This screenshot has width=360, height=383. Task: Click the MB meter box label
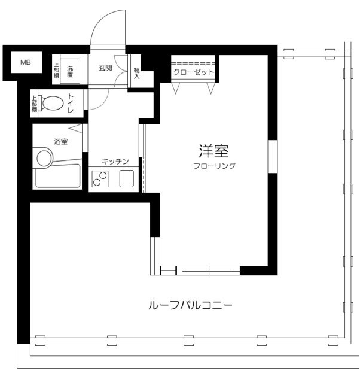[x=26, y=62]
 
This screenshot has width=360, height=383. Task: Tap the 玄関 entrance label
[x=105, y=68]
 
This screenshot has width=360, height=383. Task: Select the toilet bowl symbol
[x=53, y=104]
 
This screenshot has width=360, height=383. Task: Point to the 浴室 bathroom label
[x=60, y=142]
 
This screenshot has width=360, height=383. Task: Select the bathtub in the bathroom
[x=58, y=177]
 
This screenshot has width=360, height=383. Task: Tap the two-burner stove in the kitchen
[x=99, y=179]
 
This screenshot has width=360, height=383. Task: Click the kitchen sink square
[x=128, y=179]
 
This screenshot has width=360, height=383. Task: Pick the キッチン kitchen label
[x=115, y=162]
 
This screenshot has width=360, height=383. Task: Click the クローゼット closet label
[x=193, y=72]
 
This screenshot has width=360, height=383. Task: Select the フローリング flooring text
[x=214, y=166]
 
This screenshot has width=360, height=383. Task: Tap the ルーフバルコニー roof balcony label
[x=190, y=305]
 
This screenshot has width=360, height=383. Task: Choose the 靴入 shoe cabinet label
[x=137, y=73]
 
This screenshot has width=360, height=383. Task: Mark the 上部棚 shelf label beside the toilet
[x=35, y=104]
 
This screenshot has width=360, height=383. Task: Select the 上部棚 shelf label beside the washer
[x=56, y=71]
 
